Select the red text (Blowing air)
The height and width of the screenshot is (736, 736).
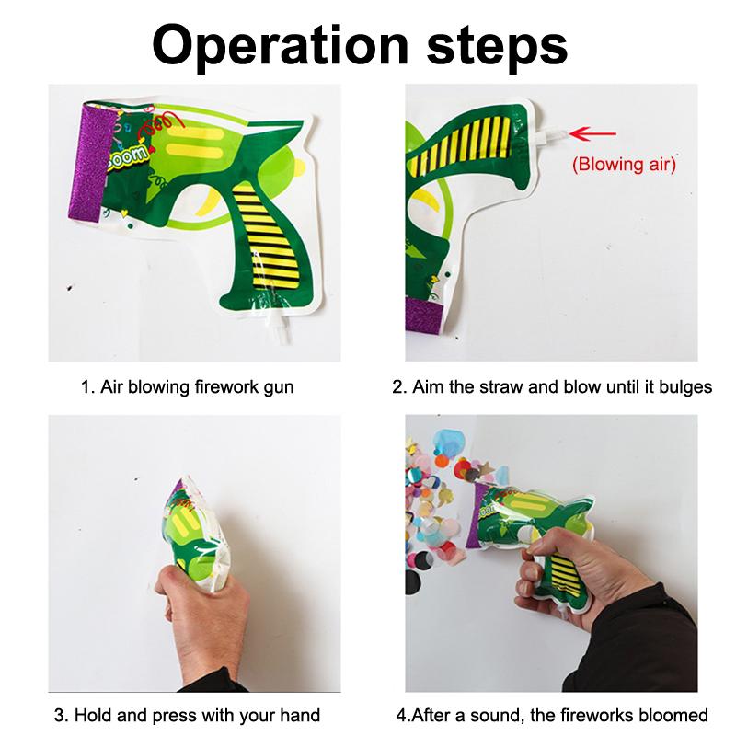(624, 166)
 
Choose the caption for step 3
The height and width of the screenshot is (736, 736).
(187, 715)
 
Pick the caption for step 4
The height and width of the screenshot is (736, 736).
(552, 715)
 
